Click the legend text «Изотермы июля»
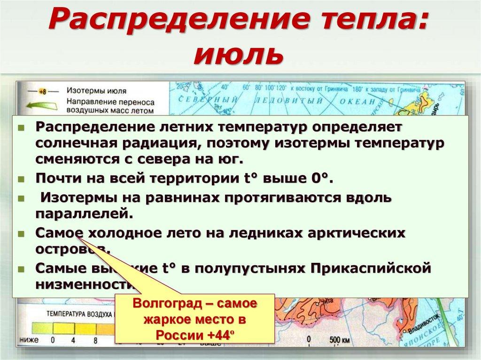[x=96, y=90]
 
